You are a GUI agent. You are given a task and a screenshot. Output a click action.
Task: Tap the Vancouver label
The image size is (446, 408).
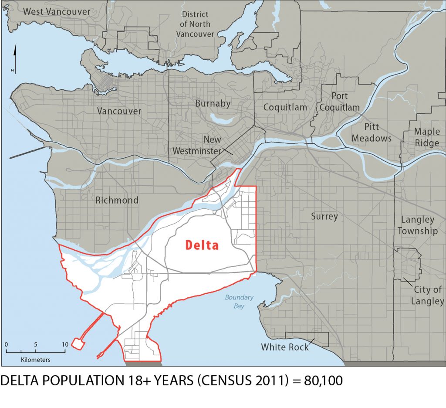tap(119, 111)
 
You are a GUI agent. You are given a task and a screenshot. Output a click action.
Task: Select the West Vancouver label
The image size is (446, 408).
tap(57, 11)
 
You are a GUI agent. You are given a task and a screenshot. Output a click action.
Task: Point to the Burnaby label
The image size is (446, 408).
tap(213, 104)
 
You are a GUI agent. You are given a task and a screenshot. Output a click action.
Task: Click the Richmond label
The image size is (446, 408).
tap(117, 201)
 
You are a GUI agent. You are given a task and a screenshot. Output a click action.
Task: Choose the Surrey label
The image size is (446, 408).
tap(324, 216)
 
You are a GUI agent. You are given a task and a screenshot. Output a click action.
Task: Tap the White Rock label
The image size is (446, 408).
tap(285, 347)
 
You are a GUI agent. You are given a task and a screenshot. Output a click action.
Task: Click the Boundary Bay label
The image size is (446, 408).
tap(239, 302)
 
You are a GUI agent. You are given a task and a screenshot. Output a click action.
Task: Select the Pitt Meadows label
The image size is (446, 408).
tap(372, 133)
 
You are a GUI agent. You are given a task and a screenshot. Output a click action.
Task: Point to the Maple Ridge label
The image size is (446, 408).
tap(427, 137)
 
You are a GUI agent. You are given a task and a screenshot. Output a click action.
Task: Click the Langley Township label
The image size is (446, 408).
tap(417, 225)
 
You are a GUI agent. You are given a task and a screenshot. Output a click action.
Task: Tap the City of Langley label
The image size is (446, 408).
tap(428, 295)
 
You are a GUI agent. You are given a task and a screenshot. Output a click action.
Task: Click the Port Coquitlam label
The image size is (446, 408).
tap(340, 102)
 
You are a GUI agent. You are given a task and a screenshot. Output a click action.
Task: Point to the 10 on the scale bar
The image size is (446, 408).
tap(64, 344)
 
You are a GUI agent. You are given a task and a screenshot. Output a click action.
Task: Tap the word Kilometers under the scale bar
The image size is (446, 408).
tap(35, 360)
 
